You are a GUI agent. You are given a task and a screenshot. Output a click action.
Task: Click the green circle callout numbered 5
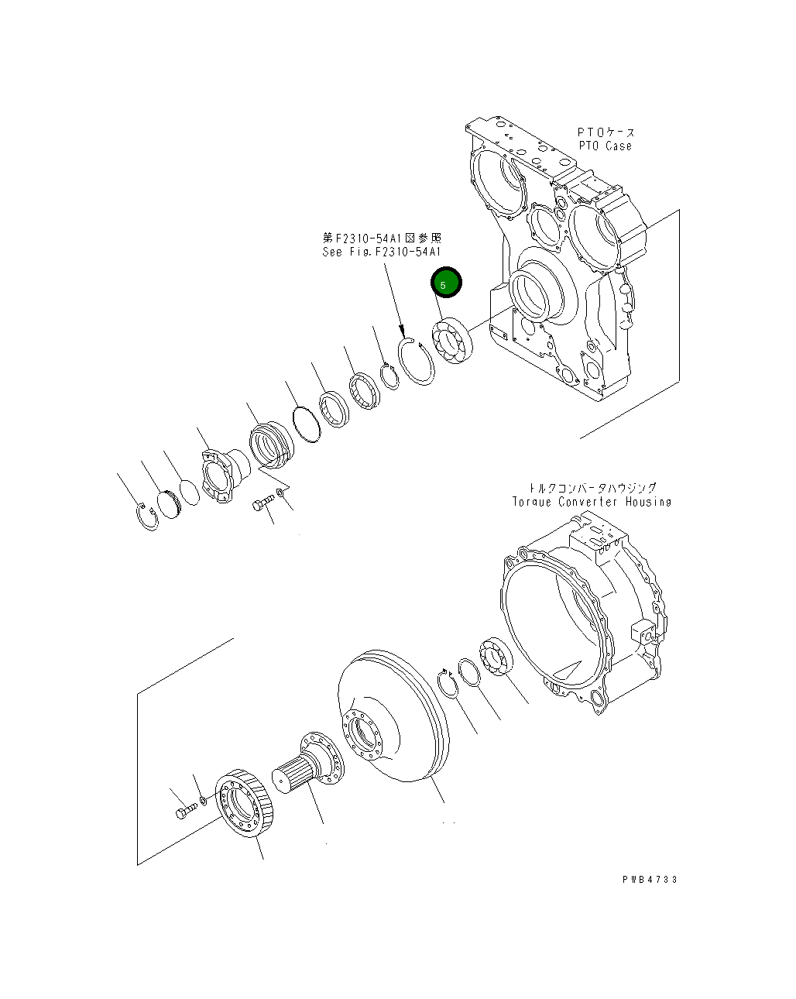pos(446,283)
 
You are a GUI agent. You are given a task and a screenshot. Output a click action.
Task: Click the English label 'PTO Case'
pos(605,146)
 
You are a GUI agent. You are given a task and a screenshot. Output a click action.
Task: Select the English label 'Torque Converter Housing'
pos(591,502)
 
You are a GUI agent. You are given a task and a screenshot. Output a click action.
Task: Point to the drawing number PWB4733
pos(649,879)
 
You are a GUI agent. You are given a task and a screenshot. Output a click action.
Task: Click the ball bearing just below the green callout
pos(454,342)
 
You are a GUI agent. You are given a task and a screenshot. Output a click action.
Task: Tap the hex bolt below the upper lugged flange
pos(262,505)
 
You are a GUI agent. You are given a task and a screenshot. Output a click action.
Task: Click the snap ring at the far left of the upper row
pos(146,517)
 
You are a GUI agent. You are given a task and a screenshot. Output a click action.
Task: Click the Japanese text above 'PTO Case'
pos(606,132)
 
